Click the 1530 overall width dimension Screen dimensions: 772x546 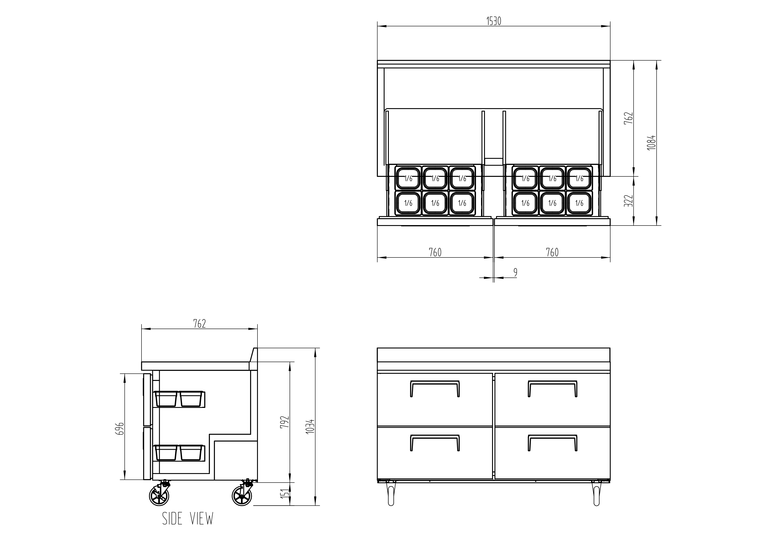[494, 21]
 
